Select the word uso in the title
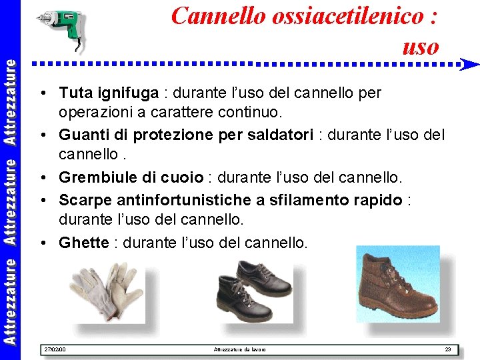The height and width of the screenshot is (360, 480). tap(421, 46)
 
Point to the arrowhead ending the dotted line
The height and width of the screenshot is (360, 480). tap(470, 65)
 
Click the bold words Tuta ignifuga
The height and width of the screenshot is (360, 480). tap(109, 93)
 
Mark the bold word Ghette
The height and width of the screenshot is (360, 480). tap(83, 243)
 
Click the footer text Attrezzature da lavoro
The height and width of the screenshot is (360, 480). tap(239, 349)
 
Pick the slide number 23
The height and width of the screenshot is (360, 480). tap(448, 349)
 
